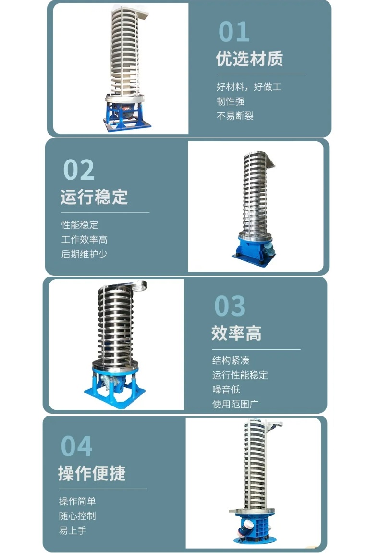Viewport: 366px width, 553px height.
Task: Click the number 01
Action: [234, 31]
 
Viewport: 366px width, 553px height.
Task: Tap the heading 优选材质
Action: [249, 59]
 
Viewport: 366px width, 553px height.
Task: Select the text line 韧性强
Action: [230, 101]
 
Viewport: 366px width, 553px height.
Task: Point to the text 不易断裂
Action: [235, 116]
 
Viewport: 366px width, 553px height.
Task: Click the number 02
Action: [79, 170]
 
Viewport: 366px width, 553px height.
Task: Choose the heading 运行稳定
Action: [94, 197]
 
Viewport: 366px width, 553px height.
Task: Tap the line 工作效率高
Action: [84, 240]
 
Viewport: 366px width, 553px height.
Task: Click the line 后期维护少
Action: [84, 254]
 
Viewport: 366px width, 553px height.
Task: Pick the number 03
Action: [230, 306]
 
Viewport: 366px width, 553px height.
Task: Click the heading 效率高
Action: [236, 333]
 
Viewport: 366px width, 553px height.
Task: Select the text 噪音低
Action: [226, 390]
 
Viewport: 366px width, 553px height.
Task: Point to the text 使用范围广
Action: [235, 404]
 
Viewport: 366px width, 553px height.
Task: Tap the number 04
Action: [76, 446]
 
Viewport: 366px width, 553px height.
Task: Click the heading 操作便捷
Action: [92, 473]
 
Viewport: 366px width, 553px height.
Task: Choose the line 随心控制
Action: [77, 516]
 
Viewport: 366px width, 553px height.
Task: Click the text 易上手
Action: [73, 530]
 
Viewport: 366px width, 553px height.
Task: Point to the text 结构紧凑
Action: [231, 360]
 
